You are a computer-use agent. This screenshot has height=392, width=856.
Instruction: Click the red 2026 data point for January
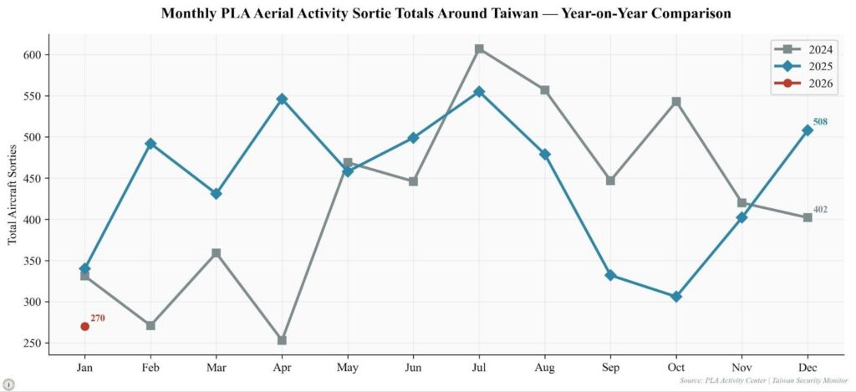(x=84, y=326)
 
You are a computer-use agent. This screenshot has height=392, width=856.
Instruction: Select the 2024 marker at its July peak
(x=479, y=48)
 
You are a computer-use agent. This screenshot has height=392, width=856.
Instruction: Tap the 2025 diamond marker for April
(x=282, y=99)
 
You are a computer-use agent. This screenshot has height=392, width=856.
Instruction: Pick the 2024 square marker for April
(x=282, y=340)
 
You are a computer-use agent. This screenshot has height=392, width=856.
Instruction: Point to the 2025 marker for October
(x=676, y=297)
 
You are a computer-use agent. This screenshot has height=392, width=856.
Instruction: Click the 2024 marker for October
(x=676, y=102)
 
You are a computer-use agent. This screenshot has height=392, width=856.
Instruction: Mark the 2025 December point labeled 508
(x=808, y=130)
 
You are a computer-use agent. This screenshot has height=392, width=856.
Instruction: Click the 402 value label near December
(x=820, y=210)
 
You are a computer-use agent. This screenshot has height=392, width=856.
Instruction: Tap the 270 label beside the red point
(x=98, y=318)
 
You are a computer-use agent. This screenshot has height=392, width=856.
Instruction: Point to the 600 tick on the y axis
(x=32, y=55)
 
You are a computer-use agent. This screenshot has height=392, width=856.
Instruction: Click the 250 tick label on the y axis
(x=32, y=343)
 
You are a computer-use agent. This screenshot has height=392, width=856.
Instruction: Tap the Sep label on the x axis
(x=610, y=366)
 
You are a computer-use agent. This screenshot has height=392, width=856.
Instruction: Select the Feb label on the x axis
(x=150, y=366)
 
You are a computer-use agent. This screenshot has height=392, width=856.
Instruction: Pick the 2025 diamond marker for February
(x=150, y=144)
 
